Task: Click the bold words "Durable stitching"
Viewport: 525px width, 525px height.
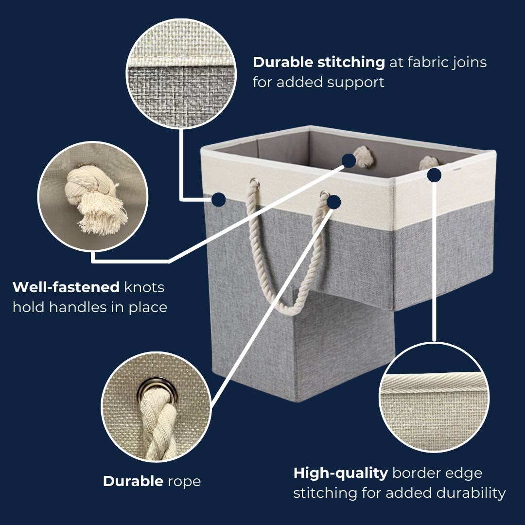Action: pos(319,63)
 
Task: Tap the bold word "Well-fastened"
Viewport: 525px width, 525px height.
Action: pos(66,287)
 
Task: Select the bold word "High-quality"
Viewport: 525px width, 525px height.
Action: pos(340,473)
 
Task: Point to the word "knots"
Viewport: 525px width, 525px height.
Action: pos(144,287)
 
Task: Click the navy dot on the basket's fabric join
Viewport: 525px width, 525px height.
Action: pos(218,200)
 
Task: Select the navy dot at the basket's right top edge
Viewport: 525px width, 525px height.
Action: pos(434,175)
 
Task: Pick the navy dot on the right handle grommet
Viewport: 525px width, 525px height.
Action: pos(333,202)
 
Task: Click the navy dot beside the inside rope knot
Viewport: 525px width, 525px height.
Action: pos(349,161)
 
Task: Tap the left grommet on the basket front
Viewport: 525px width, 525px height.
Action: pos(254,182)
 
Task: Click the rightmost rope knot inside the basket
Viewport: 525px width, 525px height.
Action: pos(429,163)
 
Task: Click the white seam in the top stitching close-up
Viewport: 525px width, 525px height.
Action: pos(181,62)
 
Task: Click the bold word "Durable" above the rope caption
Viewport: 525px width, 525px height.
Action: pos(133,481)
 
